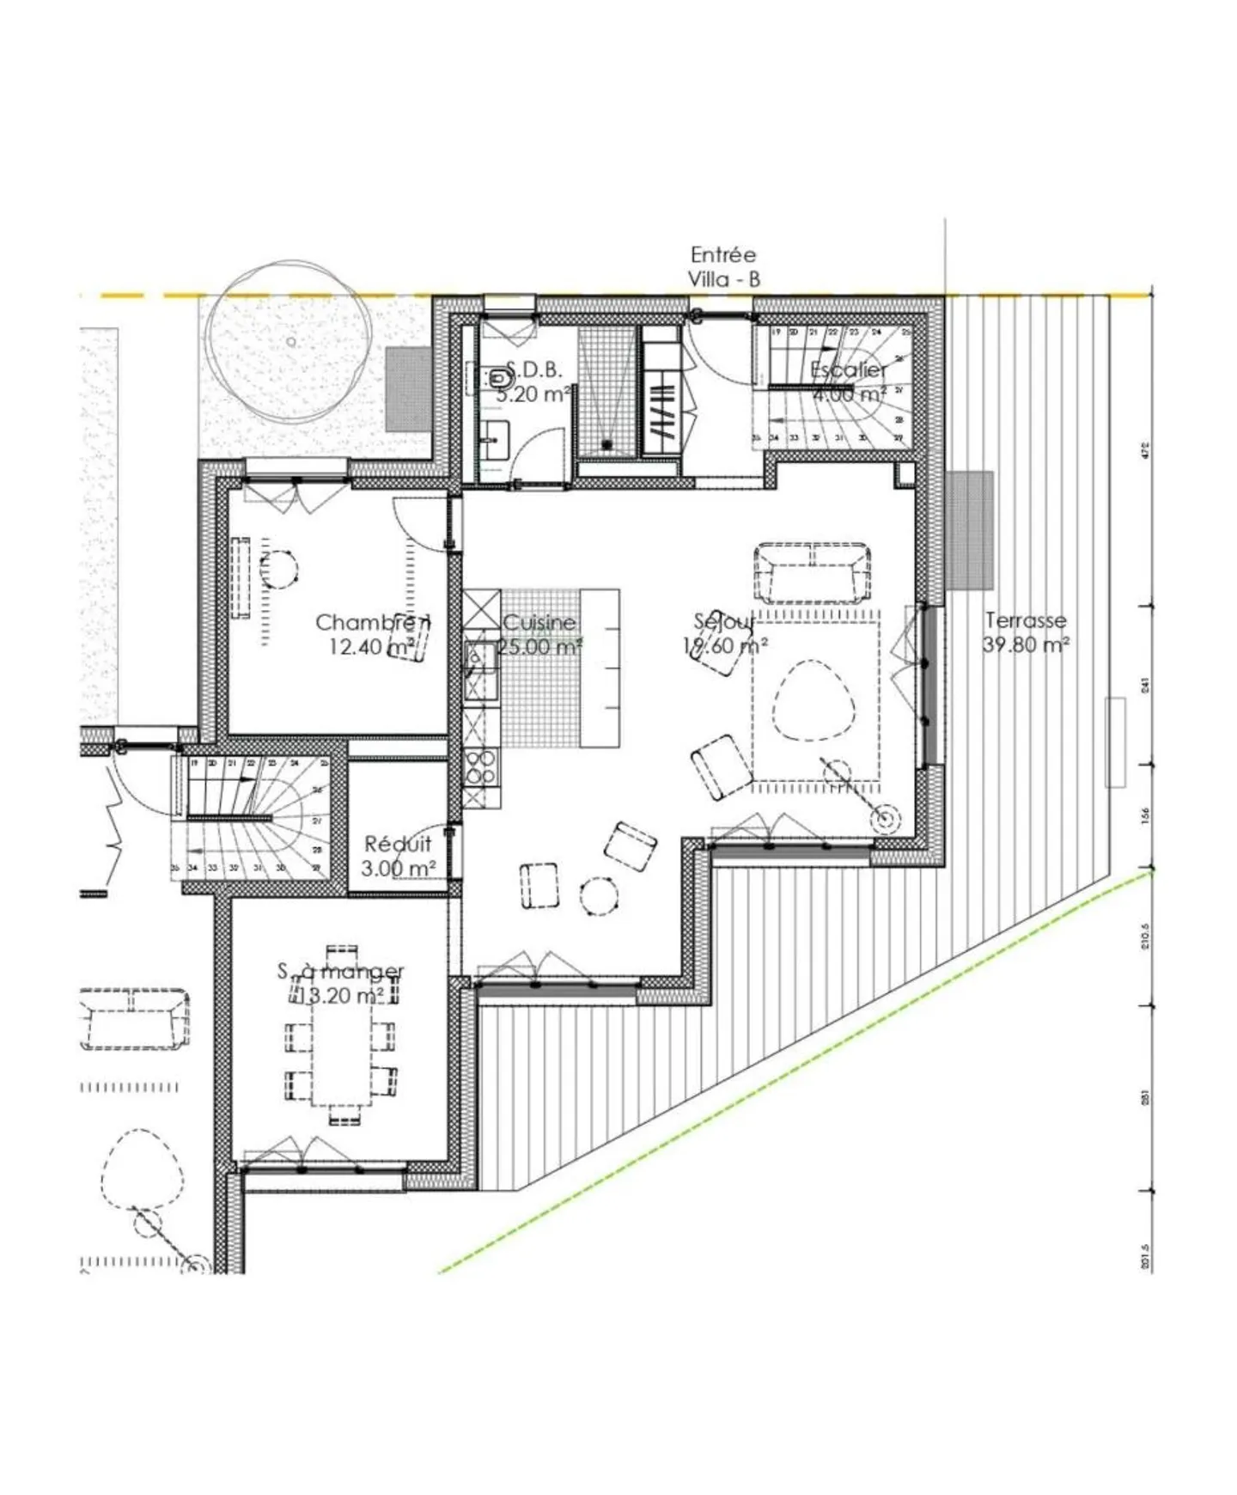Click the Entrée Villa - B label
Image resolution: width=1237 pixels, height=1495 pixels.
coord(723,267)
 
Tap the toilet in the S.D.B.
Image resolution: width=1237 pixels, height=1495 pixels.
coord(500,377)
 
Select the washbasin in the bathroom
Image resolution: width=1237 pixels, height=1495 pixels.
coord(494,441)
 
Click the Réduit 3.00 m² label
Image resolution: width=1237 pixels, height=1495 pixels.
coord(398,856)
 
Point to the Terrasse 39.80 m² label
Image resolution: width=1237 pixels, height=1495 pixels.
coord(1026,632)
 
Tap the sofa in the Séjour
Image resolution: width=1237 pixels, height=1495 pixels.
coord(812,571)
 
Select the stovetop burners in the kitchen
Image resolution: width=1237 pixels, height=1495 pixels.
coord(482,766)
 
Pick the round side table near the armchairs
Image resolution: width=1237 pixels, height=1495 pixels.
coord(599,896)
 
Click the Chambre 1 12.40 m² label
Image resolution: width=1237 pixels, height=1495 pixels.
coord(373,634)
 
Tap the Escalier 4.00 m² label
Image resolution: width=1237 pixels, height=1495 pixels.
coord(849,382)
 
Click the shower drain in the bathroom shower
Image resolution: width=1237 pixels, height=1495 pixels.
coord(607,445)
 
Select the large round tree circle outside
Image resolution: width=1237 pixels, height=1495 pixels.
coord(292,341)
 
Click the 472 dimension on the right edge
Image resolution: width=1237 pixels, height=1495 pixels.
coord(1147,450)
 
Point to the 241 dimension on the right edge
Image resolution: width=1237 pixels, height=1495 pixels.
coord(1147,686)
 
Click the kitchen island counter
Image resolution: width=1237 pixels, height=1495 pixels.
coord(600,668)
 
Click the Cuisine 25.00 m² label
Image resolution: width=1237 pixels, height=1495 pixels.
coord(539,634)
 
